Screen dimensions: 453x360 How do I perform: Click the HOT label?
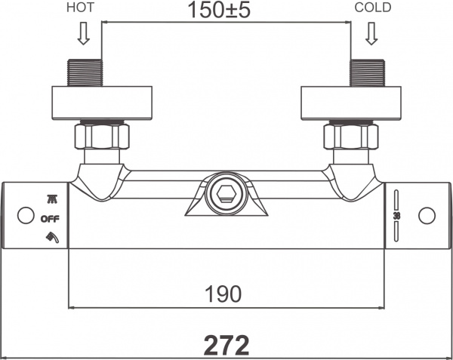point(80,8)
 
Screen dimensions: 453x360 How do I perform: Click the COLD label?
point(373,8)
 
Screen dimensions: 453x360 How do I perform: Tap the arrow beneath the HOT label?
point(84,33)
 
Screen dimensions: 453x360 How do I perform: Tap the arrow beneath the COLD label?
point(371,33)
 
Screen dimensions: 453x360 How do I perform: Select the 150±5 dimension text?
point(219,10)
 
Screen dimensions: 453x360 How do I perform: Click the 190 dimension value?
point(223,294)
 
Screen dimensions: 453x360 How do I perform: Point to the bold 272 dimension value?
point(226,345)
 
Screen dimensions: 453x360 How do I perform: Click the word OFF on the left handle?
point(50,219)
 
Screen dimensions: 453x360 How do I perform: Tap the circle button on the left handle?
point(26,215)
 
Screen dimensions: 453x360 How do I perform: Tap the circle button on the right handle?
point(427,216)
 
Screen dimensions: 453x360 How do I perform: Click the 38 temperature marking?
point(396,215)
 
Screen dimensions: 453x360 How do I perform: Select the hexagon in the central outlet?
point(226,194)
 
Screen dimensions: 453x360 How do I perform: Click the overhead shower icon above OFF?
point(51,199)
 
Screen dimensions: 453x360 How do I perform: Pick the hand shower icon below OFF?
point(52,237)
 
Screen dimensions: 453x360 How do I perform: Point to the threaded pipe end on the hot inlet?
point(85,72)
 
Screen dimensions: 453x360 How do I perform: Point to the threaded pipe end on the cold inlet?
point(368,72)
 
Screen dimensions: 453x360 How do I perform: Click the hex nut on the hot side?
point(102,137)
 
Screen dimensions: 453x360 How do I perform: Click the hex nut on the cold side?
point(351,137)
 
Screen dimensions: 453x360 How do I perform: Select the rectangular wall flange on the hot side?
point(102,103)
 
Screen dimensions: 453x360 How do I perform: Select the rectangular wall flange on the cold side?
point(351,103)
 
